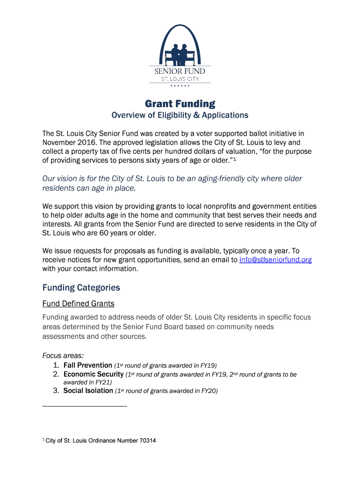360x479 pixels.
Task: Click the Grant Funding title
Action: [x=180, y=103]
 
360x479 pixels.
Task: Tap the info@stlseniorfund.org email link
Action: [x=275, y=260]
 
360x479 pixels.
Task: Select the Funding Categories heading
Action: [x=81, y=287]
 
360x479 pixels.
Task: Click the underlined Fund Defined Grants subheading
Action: [x=79, y=304]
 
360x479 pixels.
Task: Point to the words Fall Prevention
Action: [x=88, y=365]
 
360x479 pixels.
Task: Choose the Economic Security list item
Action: [x=94, y=374]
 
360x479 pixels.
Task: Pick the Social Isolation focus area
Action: [x=88, y=391]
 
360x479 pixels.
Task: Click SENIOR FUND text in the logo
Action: [x=180, y=71]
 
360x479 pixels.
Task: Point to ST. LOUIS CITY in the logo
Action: [x=180, y=79]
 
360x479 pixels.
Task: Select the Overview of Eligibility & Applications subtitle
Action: [x=180, y=115]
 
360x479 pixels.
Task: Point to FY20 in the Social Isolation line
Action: [x=209, y=391]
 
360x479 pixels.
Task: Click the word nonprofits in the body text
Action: [x=217, y=206]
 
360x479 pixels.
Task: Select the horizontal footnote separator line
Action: [x=85, y=406]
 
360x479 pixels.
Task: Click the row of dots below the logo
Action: [x=180, y=87]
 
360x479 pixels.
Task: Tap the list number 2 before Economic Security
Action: [x=55, y=374]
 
